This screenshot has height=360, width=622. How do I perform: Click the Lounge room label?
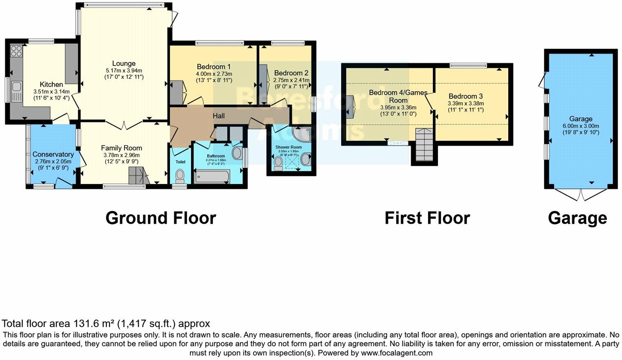(x=124, y=63)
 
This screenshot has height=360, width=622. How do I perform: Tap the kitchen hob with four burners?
(x=16, y=51)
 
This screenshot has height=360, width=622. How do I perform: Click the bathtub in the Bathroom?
(x=214, y=177)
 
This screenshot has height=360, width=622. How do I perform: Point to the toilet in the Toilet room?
(x=180, y=176)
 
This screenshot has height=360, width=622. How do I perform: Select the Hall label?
(x=219, y=116)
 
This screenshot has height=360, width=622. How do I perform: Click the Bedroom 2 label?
(x=291, y=73)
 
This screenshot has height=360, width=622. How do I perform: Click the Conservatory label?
(x=53, y=154)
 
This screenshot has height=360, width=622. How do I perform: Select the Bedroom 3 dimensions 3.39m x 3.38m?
(x=466, y=103)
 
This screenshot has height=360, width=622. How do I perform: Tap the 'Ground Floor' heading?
(x=160, y=218)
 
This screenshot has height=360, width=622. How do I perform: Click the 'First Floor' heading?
(x=427, y=218)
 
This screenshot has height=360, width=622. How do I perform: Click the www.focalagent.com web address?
(x=396, y=353)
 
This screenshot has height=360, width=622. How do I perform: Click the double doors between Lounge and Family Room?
(x=124, y=125)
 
